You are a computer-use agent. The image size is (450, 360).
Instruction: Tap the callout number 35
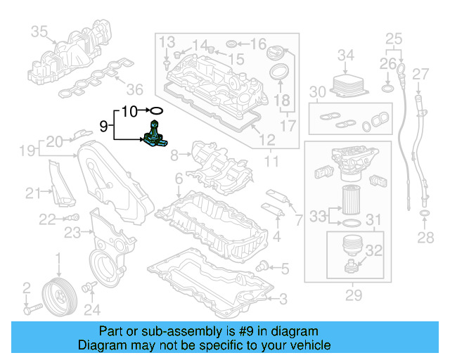(39, 31)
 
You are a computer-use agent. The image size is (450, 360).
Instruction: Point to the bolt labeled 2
(34, 308)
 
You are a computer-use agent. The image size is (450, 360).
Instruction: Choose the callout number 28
(425, 238)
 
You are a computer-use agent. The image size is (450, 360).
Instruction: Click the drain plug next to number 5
(263, 266)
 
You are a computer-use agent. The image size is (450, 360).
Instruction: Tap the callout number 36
(134, 89)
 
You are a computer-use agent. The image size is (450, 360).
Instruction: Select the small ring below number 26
(387, 89)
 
